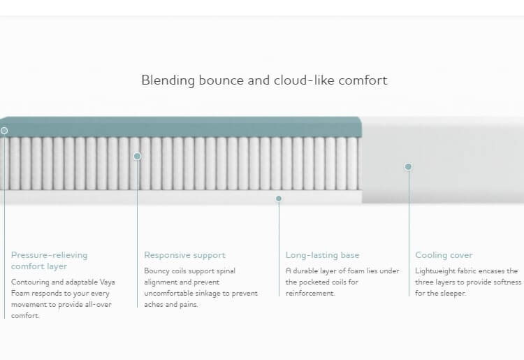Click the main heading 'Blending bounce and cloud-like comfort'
coord(264,80)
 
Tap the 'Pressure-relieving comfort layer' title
coord(50,261)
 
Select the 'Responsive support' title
coord(185,255)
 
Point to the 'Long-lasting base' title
coord(323,255)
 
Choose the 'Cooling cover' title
coord(444,255)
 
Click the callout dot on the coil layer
coord(138,156)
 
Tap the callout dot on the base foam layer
coord(279,199)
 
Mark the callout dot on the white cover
coord(408,166)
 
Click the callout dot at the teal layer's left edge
coord(4,131)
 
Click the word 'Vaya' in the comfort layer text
coord(107,282)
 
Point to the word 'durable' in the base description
coord(305,271)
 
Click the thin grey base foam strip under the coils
coord(180,197)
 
